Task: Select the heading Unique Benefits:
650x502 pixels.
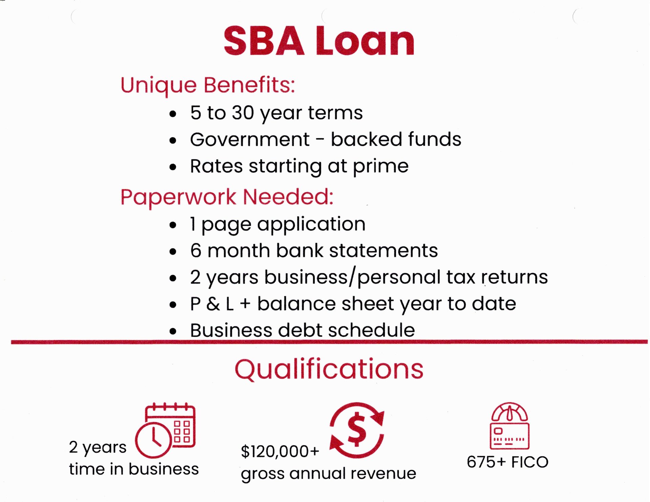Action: [x=208, y=85]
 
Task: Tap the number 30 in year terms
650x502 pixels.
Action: [x=243, y=113]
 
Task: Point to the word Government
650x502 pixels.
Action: [x=250, y=139]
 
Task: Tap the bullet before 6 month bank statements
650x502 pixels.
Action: [x=173, y=252]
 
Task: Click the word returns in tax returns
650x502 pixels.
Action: [x=515, y=277]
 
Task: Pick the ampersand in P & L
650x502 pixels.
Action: [x=213, y=304]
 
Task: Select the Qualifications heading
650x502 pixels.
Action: [x=329, y=369]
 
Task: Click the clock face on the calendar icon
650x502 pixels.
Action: [x=153, y=440]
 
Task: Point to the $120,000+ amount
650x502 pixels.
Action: [x=280, y=452]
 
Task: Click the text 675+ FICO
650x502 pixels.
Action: [x=507, y=462]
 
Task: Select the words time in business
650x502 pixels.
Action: [x=134, y=469]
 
